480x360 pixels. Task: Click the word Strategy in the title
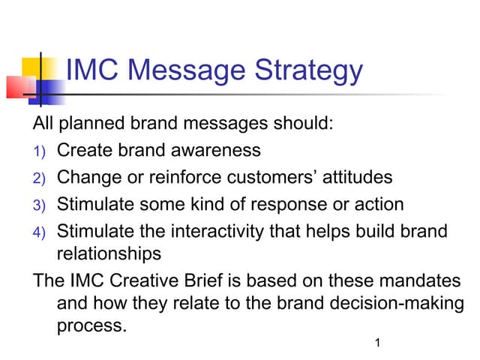coord(309,72)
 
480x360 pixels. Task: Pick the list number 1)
coord(39,151)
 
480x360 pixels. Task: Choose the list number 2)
coord(39,178)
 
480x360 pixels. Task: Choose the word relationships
coord(108,254)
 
